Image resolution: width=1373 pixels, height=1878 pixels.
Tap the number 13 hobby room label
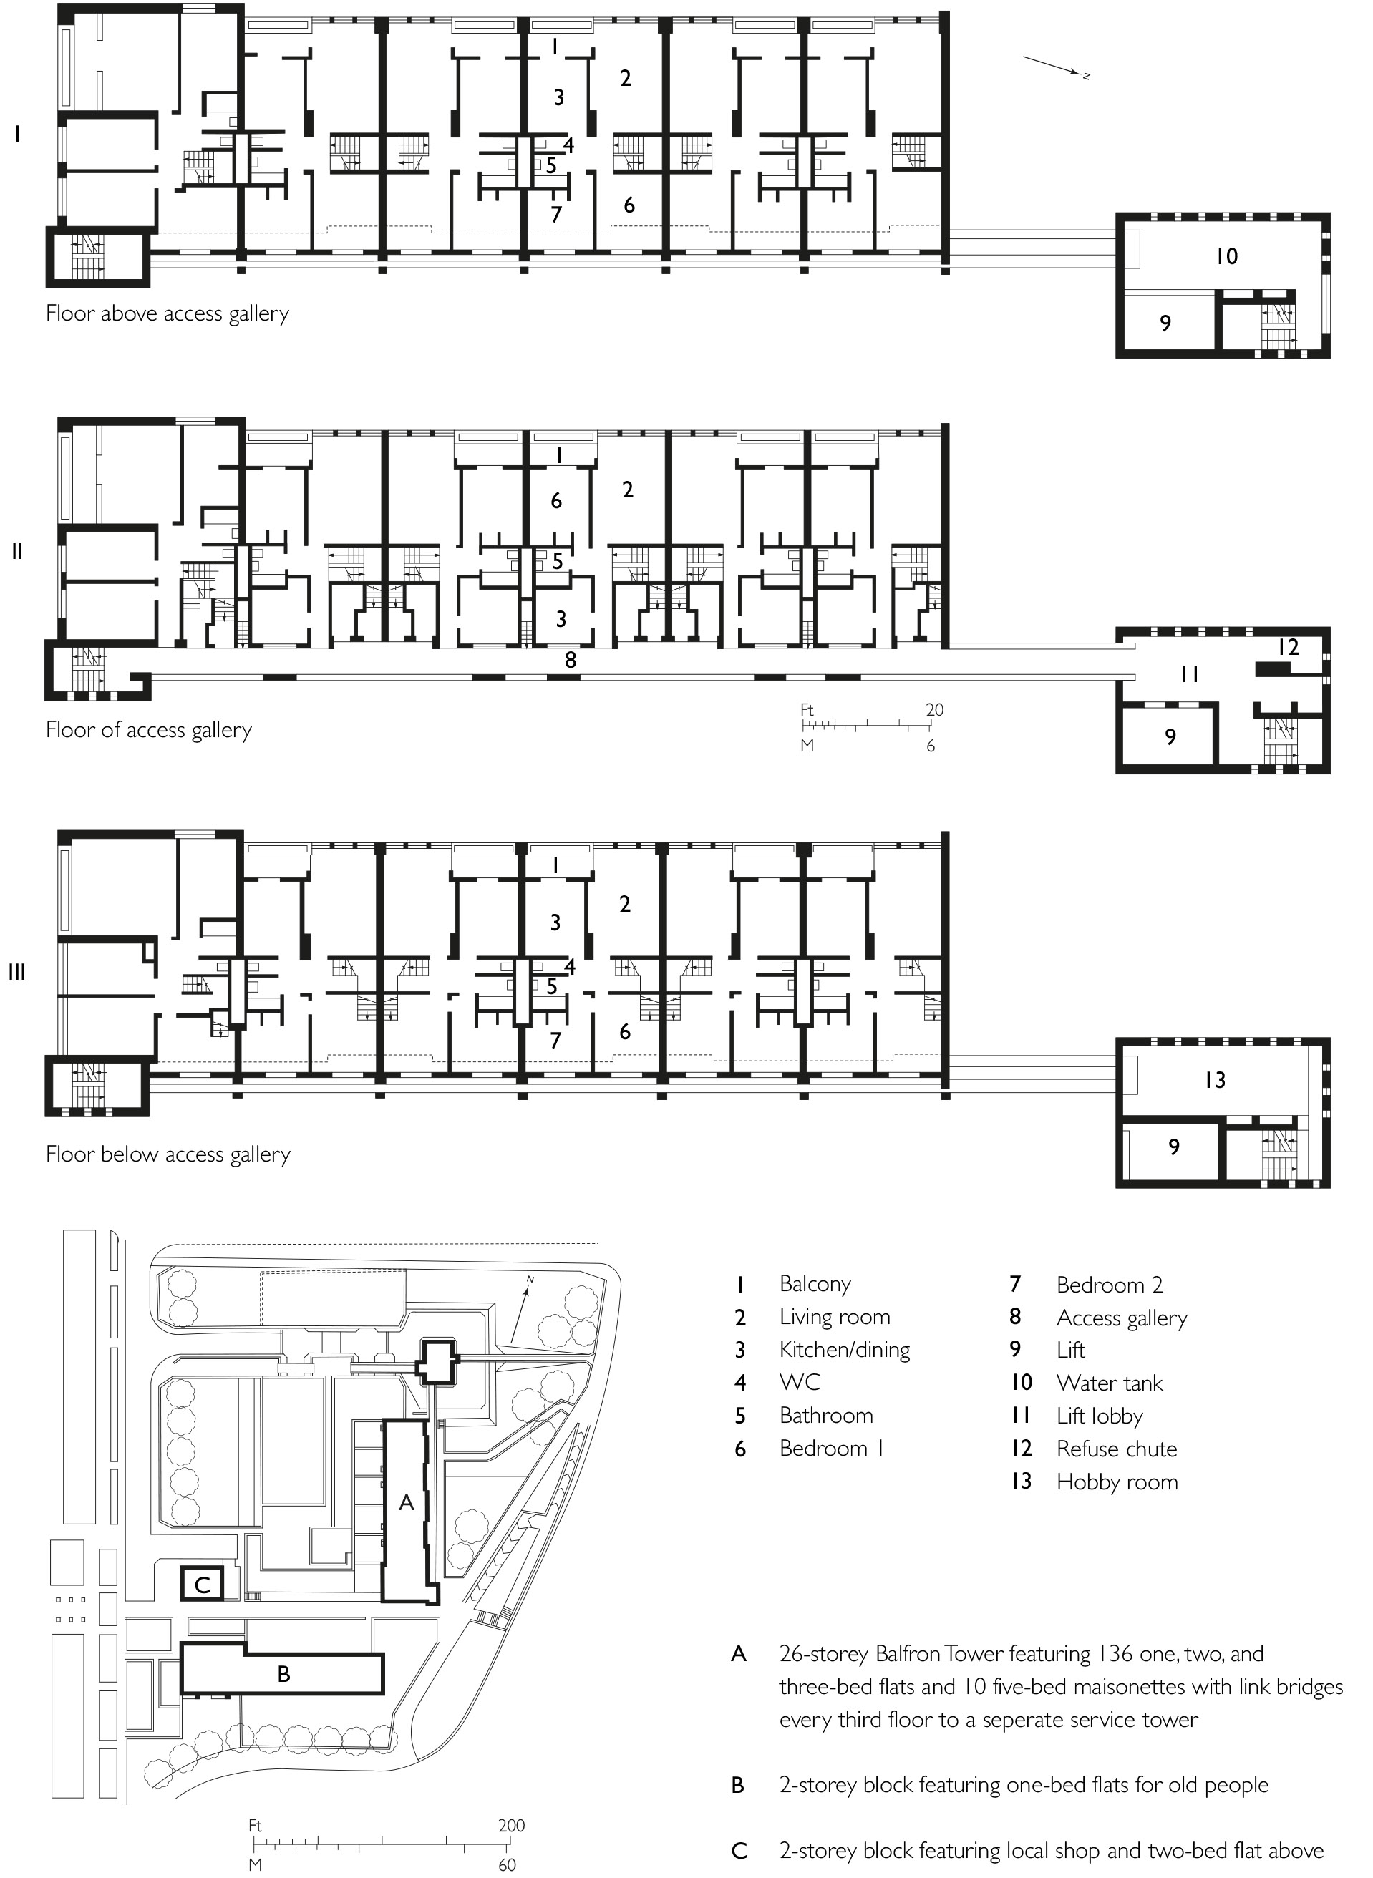[1214, 1079]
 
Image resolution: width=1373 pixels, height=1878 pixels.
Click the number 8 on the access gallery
[570, 660]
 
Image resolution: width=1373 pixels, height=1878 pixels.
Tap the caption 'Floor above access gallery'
[167, 314]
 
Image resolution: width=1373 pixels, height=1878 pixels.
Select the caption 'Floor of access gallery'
[149, 731]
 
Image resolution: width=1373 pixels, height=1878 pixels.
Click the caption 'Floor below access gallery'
[168, 1154]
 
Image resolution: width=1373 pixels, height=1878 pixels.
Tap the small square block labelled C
[202, 1584]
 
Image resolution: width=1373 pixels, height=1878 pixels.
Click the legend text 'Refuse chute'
[1116, 1449]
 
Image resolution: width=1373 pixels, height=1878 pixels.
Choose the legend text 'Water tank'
[1110, 1383]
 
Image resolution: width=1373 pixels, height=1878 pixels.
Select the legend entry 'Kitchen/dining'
[845, 1351]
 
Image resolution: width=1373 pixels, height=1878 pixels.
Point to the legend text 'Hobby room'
[1117, 1482]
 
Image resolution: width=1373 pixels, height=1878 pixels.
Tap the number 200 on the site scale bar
[511, 1826]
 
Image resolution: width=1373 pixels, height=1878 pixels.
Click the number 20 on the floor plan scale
[934, 710]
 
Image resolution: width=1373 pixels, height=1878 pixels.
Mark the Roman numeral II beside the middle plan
[16, 551]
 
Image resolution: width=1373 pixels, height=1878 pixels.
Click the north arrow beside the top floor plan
[1055, 67]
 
